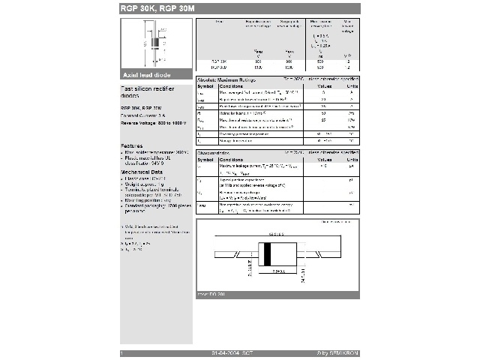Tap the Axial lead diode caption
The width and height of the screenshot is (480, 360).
[x=147, y=75]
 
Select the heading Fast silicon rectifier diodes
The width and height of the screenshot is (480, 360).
[x=142, y=93]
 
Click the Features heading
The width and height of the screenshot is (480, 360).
[x=132, y=146]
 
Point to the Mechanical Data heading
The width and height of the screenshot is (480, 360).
[x=142, y=171]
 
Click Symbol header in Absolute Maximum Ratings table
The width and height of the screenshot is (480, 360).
[x=205, y=86]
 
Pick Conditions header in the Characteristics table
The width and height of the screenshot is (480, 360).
[x=232, y=160]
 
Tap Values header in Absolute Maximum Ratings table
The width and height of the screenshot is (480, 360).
[x=324, y=86]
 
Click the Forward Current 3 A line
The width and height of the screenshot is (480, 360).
[x=139, y=116]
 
